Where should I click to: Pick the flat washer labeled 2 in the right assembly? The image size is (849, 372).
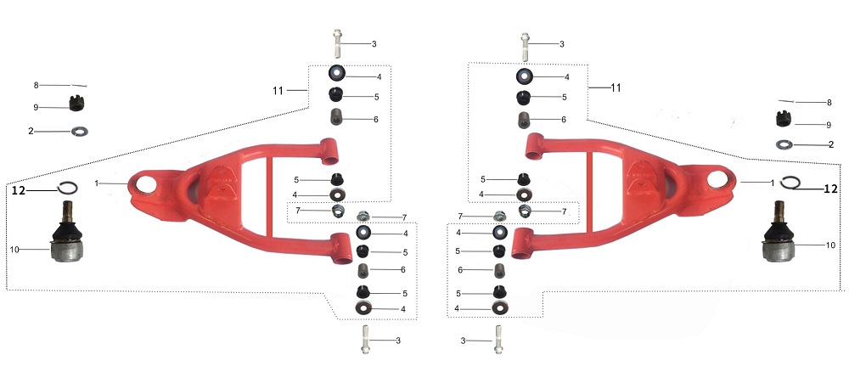(x=784, y=144)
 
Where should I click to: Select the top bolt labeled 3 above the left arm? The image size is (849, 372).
(x=338, y=43)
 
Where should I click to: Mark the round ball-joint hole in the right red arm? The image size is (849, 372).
(x=717, y=179)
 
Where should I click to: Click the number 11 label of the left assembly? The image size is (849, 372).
(x=278, y=90)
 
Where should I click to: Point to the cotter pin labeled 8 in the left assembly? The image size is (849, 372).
(x=79, y=86)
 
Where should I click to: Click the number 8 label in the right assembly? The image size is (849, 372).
(x=829, y=102)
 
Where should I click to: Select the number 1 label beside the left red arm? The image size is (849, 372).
(x=97, y=183)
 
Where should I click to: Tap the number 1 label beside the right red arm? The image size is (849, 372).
(x=773, y=183)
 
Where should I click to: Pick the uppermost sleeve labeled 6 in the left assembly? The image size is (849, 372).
(x=338, y=117)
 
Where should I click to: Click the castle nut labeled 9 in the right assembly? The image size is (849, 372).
(x=784, y=119)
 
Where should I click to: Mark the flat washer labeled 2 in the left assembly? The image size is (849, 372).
(x=80, y=131)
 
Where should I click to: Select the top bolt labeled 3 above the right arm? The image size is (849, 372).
(x=525, y=47)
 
